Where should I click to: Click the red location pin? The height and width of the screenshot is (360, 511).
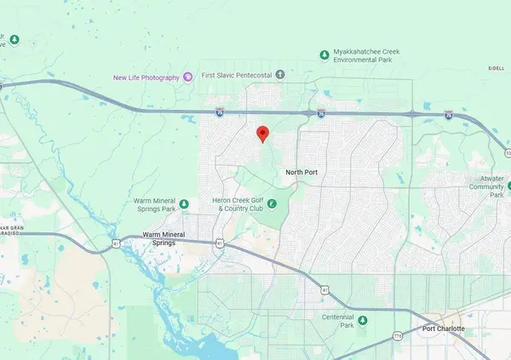(263, 134)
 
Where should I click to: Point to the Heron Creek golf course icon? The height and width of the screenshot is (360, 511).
(272, 203)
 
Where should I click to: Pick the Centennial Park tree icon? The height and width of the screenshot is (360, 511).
(362, 320)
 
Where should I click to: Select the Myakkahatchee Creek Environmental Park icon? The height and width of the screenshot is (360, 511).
(324, 55)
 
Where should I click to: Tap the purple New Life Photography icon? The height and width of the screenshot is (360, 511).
(187, 77)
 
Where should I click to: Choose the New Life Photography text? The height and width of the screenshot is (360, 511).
(146, 77)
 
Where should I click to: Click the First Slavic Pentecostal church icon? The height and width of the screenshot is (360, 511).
(281, 74)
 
